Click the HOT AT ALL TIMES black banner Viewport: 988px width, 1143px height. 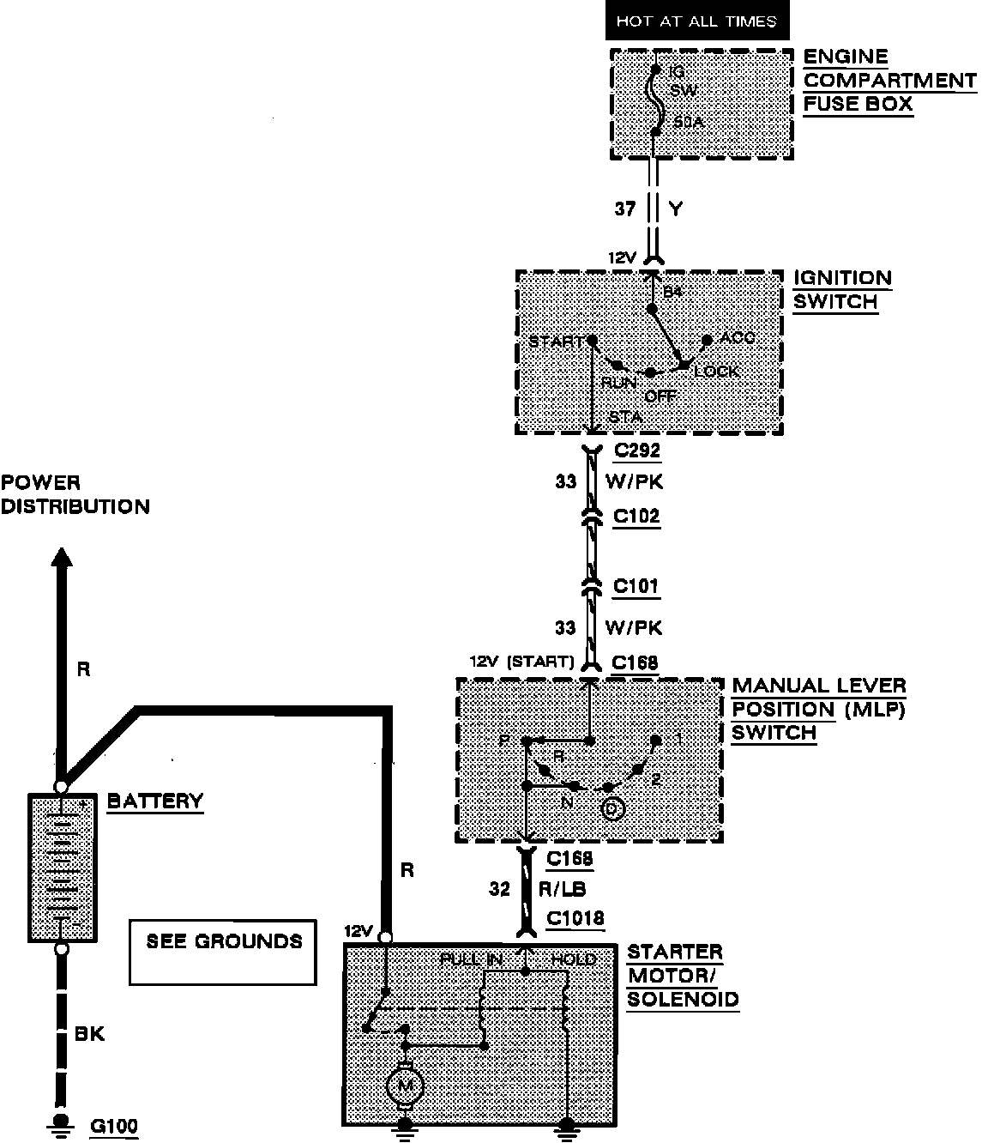click(696, 21)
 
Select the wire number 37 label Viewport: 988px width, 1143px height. click(625, 209)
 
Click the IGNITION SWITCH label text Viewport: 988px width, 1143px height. click(841, 290)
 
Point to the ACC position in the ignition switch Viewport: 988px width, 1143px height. click(737, 337)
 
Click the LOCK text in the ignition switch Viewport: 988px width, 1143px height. click(716, 372)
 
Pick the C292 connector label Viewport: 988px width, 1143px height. click(636, 450)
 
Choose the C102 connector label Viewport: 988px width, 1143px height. click(636, 517)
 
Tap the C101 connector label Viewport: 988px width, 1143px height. click(636, 587)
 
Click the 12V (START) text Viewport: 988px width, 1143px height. click(521, 662)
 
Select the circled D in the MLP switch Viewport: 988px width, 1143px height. click(611, 809)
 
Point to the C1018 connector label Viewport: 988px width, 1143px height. click(575, 919)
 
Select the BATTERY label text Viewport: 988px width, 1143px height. click(155, 801)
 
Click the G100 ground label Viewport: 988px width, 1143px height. click(114, 1126)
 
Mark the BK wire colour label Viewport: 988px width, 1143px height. click(89, 1033)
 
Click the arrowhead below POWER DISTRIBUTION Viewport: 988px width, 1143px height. click(61, 559)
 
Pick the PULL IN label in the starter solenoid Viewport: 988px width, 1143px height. click(471, 959)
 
